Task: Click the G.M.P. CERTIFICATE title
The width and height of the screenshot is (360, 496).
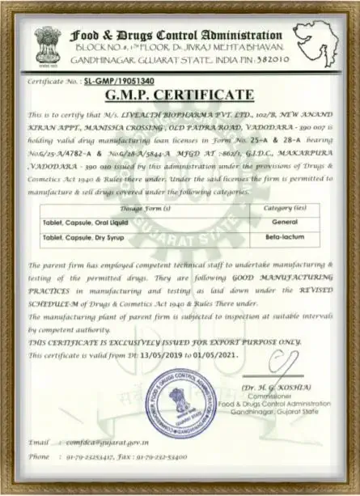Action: coord(180,97)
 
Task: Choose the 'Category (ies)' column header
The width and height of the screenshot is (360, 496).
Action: coord(282,208)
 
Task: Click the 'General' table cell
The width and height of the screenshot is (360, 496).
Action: coord(282,223)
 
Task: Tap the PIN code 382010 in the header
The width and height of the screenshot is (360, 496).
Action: coord(266,61)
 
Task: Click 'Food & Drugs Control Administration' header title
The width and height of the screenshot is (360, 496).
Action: coord(176,36)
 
